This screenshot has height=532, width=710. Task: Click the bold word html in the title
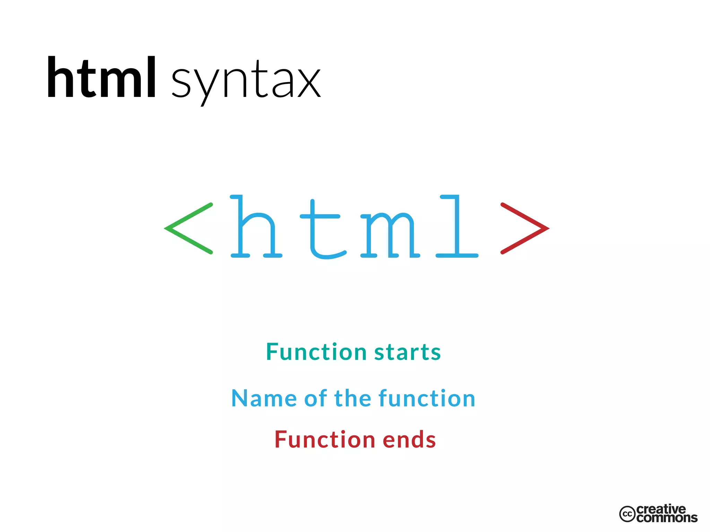[x=101, y=78]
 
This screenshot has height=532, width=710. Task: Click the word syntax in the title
[x=246, y=82]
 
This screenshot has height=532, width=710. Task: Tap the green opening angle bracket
[x=188, y=228]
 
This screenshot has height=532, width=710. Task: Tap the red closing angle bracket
[x=525, y=228]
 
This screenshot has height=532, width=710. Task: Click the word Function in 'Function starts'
[x=316, y=352]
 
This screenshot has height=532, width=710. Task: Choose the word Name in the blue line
[x=264, y=398]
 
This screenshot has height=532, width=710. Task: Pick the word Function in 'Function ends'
[x=325, y=440]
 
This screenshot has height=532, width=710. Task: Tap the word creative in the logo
[x=661, y=509]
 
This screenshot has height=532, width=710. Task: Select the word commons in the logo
[x=667, y=518]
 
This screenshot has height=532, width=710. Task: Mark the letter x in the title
[x=309, y=83]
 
